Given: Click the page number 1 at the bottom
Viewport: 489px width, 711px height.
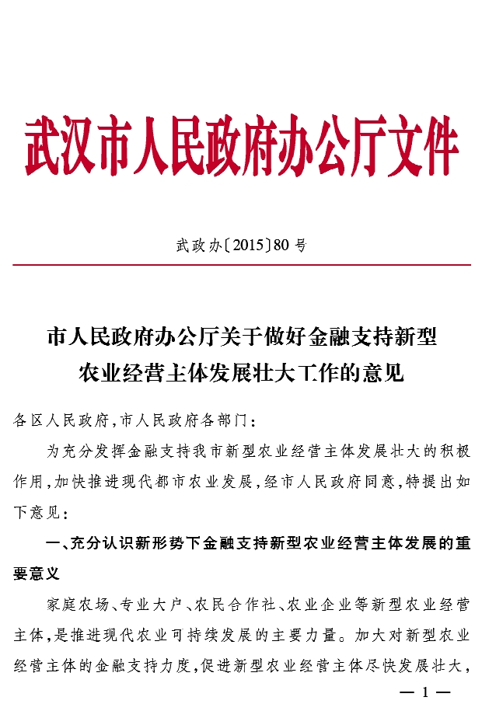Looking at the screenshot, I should (424, 692).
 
